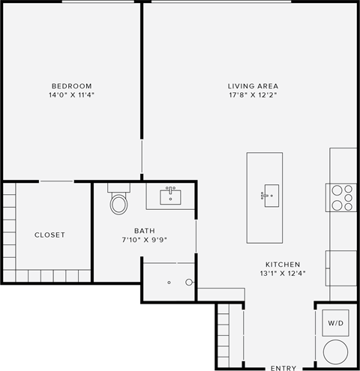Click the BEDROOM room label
point(72,85)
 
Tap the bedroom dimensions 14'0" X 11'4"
point(72,95)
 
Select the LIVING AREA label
point(253,85)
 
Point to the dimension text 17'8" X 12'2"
point(253,95)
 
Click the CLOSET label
point(49,235)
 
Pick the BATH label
point(124,230)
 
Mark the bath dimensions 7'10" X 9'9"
point(124,240)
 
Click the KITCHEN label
point(283,265)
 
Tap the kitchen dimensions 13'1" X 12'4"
point(283,274)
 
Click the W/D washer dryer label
point(334,323)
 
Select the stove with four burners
point(342,197)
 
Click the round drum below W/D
point(335,352)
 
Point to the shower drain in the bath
point(169,283)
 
